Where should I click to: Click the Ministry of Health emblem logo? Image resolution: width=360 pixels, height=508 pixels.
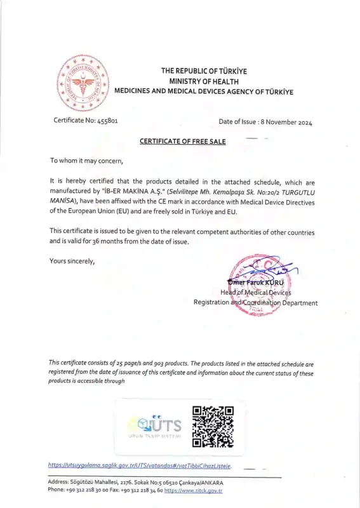pyautogui.click(x=80, y=83)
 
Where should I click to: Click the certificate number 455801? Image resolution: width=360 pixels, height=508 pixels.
pyautogui.click(x=103, y=121)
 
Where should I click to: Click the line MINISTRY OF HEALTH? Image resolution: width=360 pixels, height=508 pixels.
pyautogui.click(x=204, y=81)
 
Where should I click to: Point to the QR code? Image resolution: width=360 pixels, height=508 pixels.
pyautogui.click(x=213, y=426)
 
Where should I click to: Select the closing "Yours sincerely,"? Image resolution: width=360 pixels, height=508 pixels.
pyautogui.click(x=72, y=260)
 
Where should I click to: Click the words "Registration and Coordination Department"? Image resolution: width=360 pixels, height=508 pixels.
pyautogui.click(x=255, y=303)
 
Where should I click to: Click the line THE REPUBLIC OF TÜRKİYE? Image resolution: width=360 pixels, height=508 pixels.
pyautogui.click(x=204, y=71)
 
